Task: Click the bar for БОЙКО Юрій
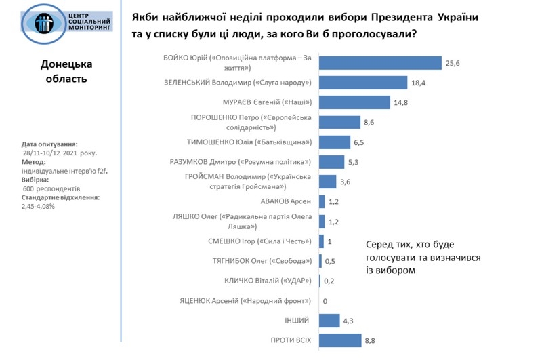pos(380,63)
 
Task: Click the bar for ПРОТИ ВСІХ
pos(339,340)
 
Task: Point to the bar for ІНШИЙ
pos(329,321)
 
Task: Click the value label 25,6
pos(453,63)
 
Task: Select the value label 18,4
pos(419,83)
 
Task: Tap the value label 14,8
pos(401,102)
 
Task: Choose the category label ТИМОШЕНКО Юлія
pos(249,142)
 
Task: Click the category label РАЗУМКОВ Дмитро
pos(240,162)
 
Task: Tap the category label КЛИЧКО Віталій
pos(267,281)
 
